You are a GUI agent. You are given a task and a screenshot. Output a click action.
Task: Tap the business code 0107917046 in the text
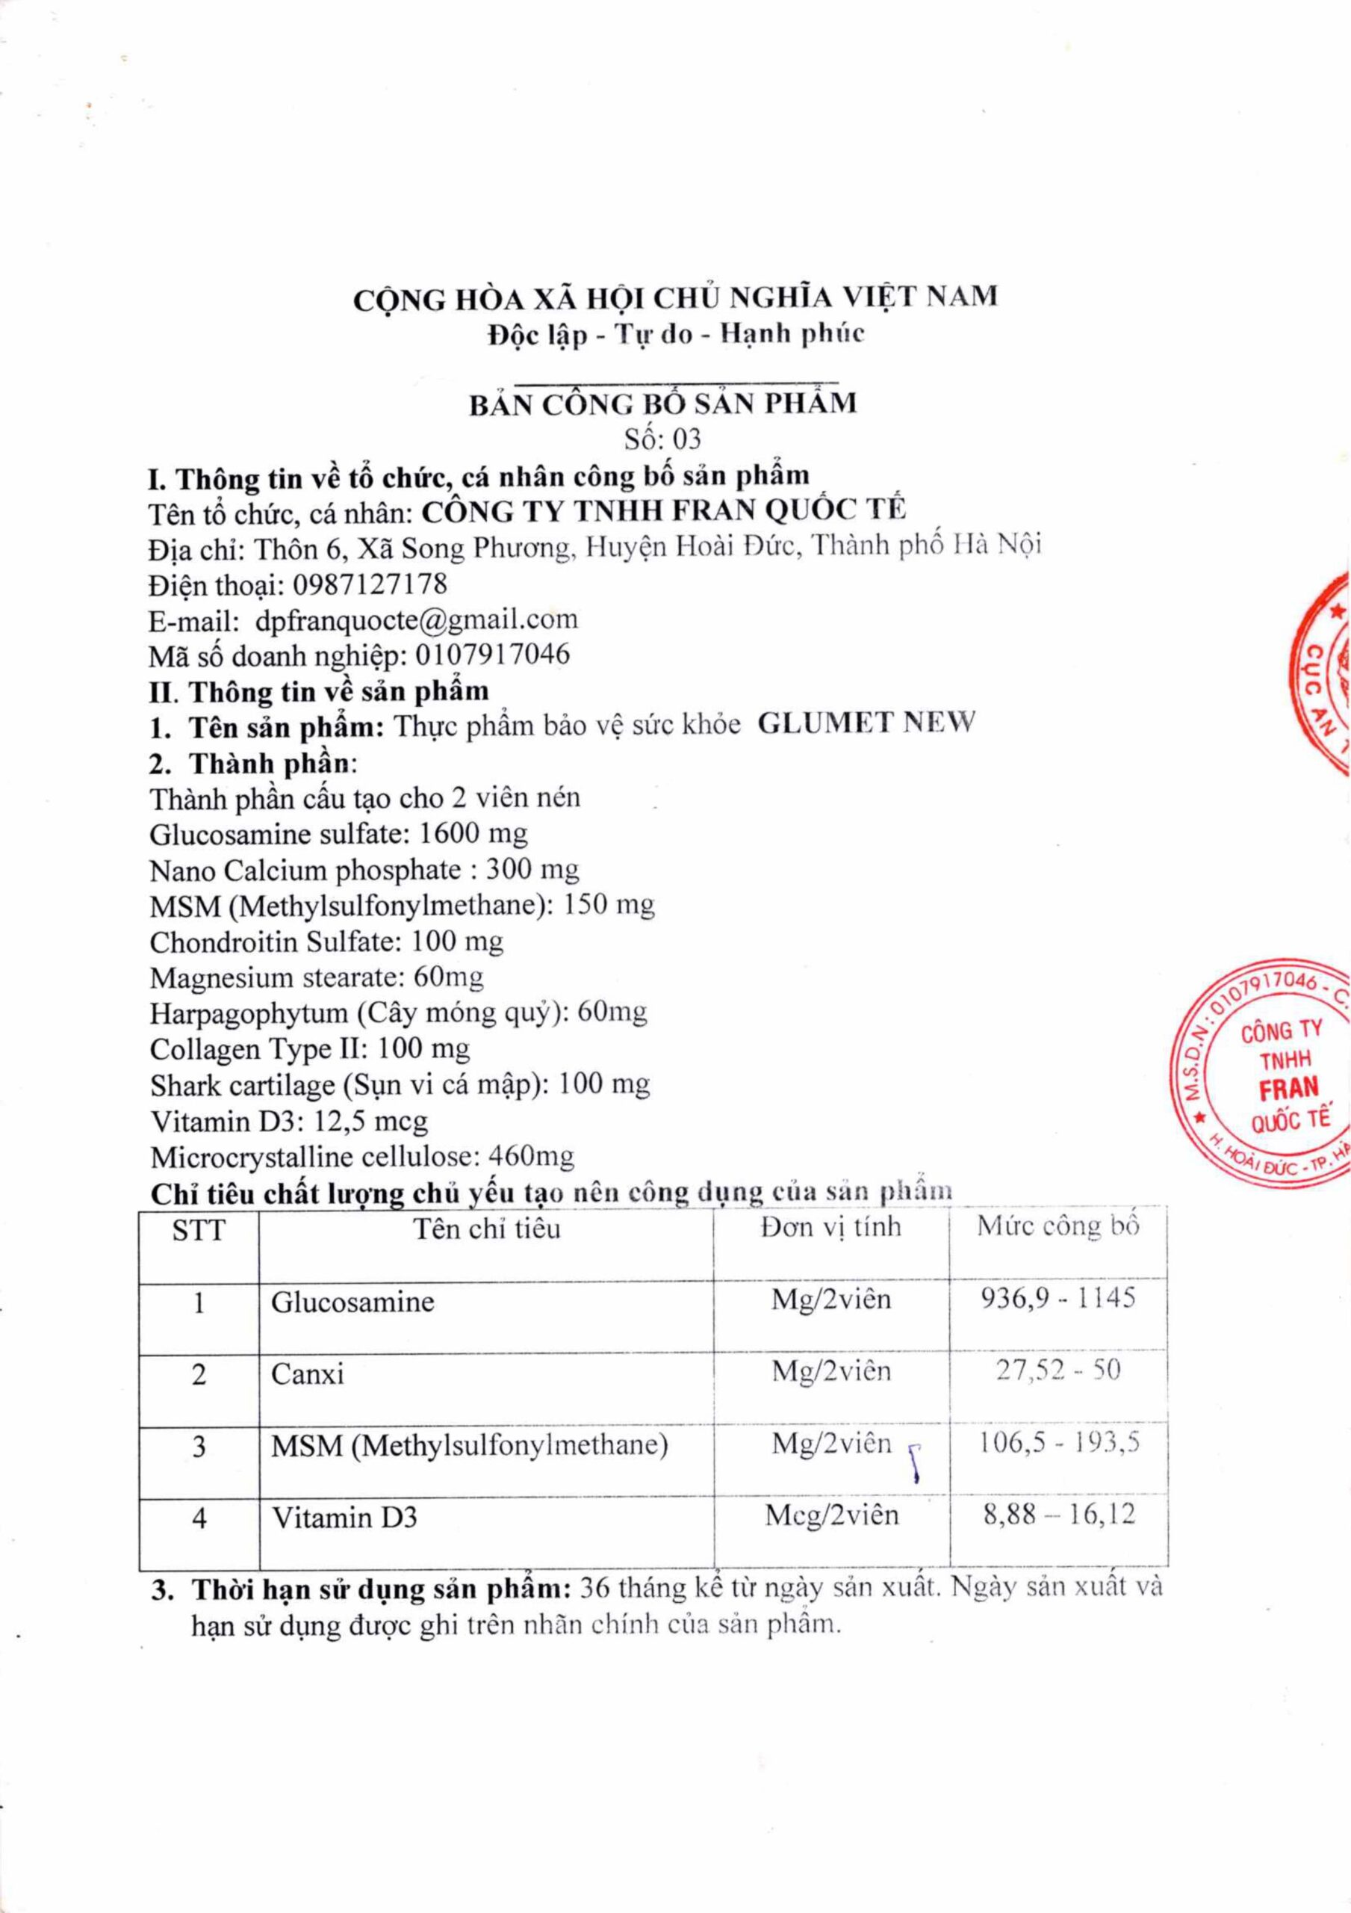pos(491,655)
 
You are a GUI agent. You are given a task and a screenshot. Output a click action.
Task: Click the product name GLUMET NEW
pos(866,723)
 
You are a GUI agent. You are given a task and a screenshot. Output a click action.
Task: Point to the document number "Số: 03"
pos(663,439)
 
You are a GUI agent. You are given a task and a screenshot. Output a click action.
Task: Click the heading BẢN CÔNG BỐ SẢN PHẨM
pos(663,404)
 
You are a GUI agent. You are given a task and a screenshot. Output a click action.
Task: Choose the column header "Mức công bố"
pos(1057,1226)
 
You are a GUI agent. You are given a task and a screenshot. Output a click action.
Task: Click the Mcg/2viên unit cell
pos(831,1514)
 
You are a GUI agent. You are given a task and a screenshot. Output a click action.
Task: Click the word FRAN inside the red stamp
pos(1288,1088)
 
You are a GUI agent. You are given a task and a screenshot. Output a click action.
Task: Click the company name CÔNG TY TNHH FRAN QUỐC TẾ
pos(664,510)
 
